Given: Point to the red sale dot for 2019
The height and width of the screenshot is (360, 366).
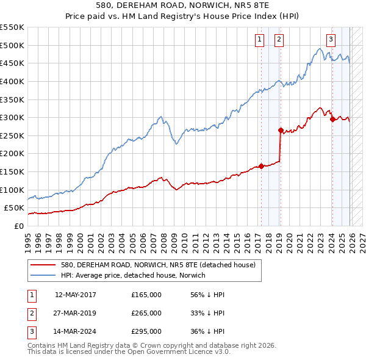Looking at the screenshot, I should pyautogui.click(x=281, y=130).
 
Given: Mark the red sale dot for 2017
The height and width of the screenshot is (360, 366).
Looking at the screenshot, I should pyautogui.click(x=261, y=166).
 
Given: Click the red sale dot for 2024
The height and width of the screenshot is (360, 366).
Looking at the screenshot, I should pyautogui.click(x=332, y=120).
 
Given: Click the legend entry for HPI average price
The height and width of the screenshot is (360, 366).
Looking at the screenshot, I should pyautogui.click(x=133, y=275).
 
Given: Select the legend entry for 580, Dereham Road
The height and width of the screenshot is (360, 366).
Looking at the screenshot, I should pyautogui.click(x=161, y=265).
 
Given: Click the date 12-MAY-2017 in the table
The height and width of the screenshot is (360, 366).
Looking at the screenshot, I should pyautogui.click(x=76, y=295).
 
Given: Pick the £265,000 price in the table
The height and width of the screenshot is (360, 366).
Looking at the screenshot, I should pyautogui.click(x=146, y=313).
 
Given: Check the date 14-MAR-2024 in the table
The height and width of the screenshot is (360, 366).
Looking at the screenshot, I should pyautogui.click(x=76, y=331).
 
